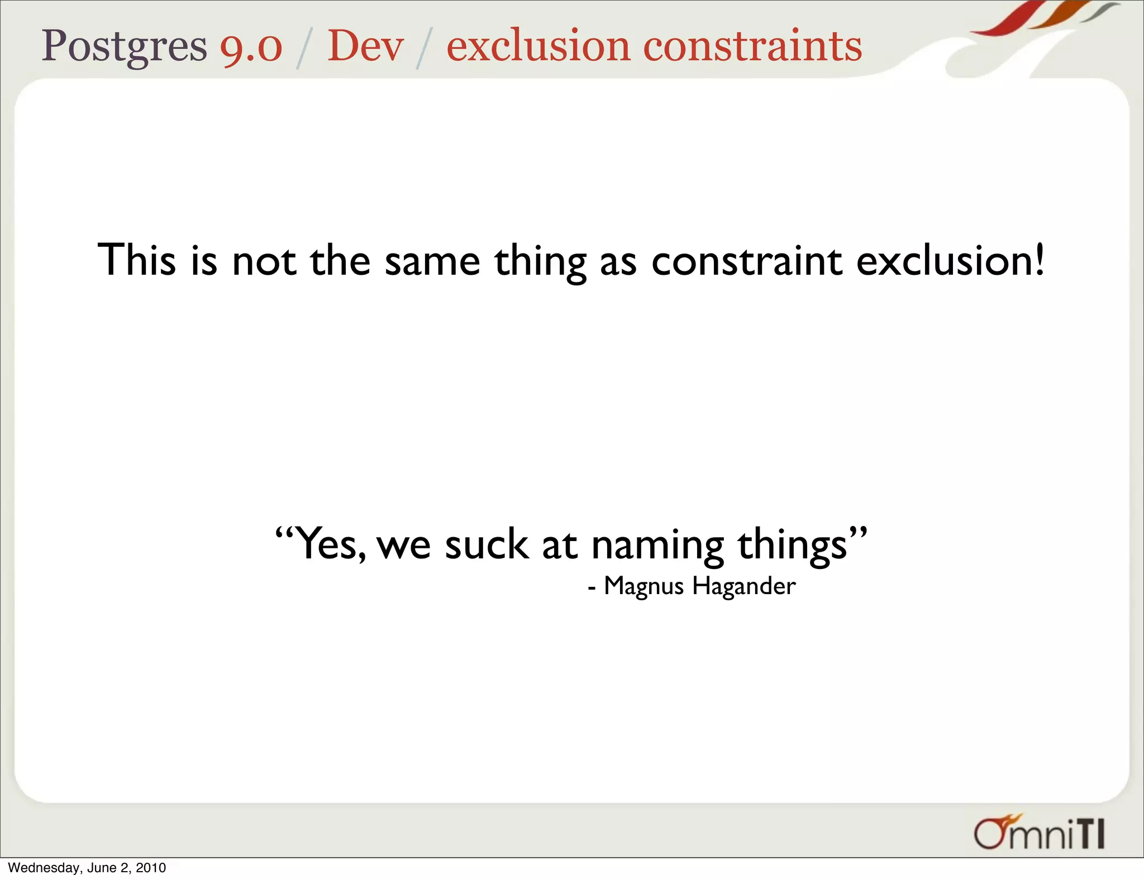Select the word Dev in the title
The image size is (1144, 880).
point(365,46)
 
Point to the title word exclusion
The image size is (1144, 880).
point(538,46)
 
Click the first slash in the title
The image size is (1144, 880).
point(304,48)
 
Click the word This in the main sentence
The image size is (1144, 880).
point(137,260)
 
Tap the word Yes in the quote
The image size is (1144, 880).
point(330,544)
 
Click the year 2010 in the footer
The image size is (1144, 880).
point(151,868)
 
